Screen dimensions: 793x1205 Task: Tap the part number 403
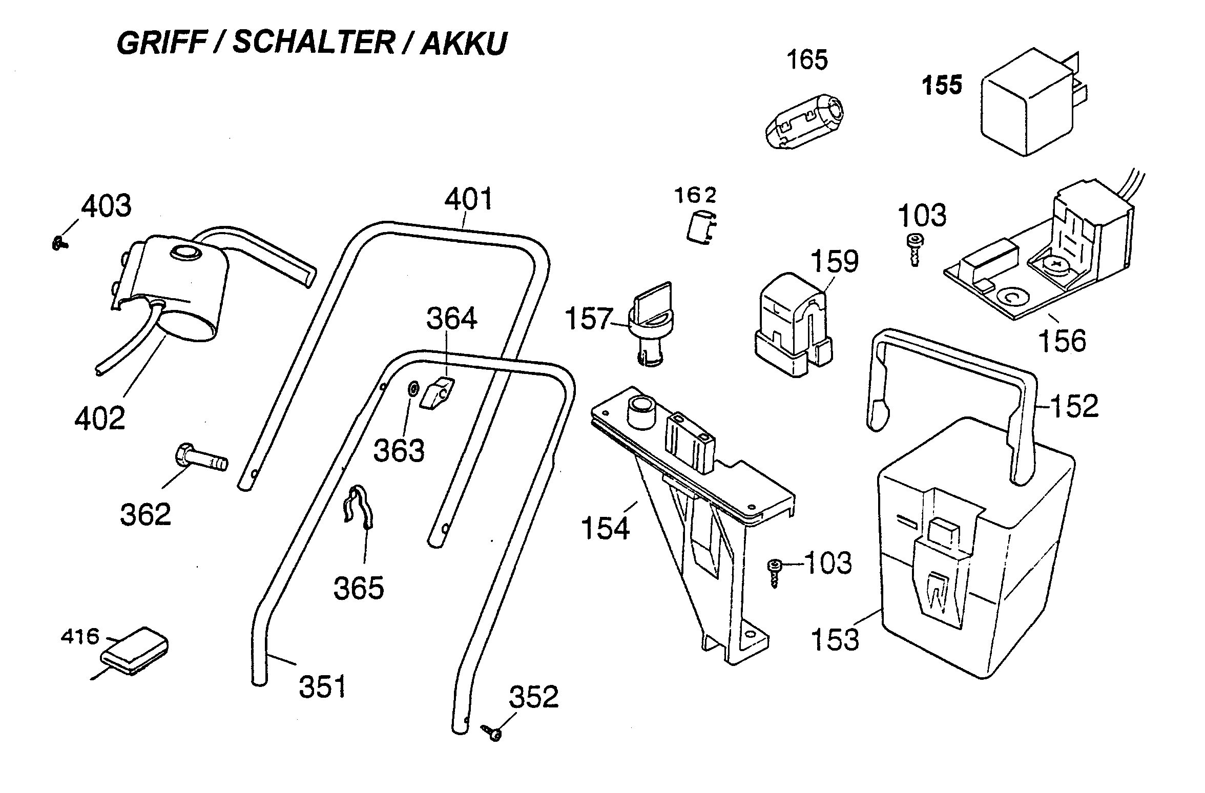coord(107,206)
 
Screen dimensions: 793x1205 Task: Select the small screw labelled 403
coord(59,244)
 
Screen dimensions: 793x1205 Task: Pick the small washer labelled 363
coord(412,389)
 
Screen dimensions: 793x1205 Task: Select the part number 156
coord(1062,340)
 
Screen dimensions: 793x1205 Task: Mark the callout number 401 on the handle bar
coord(468,200)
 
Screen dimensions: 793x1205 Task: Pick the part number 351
coord(322,687)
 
